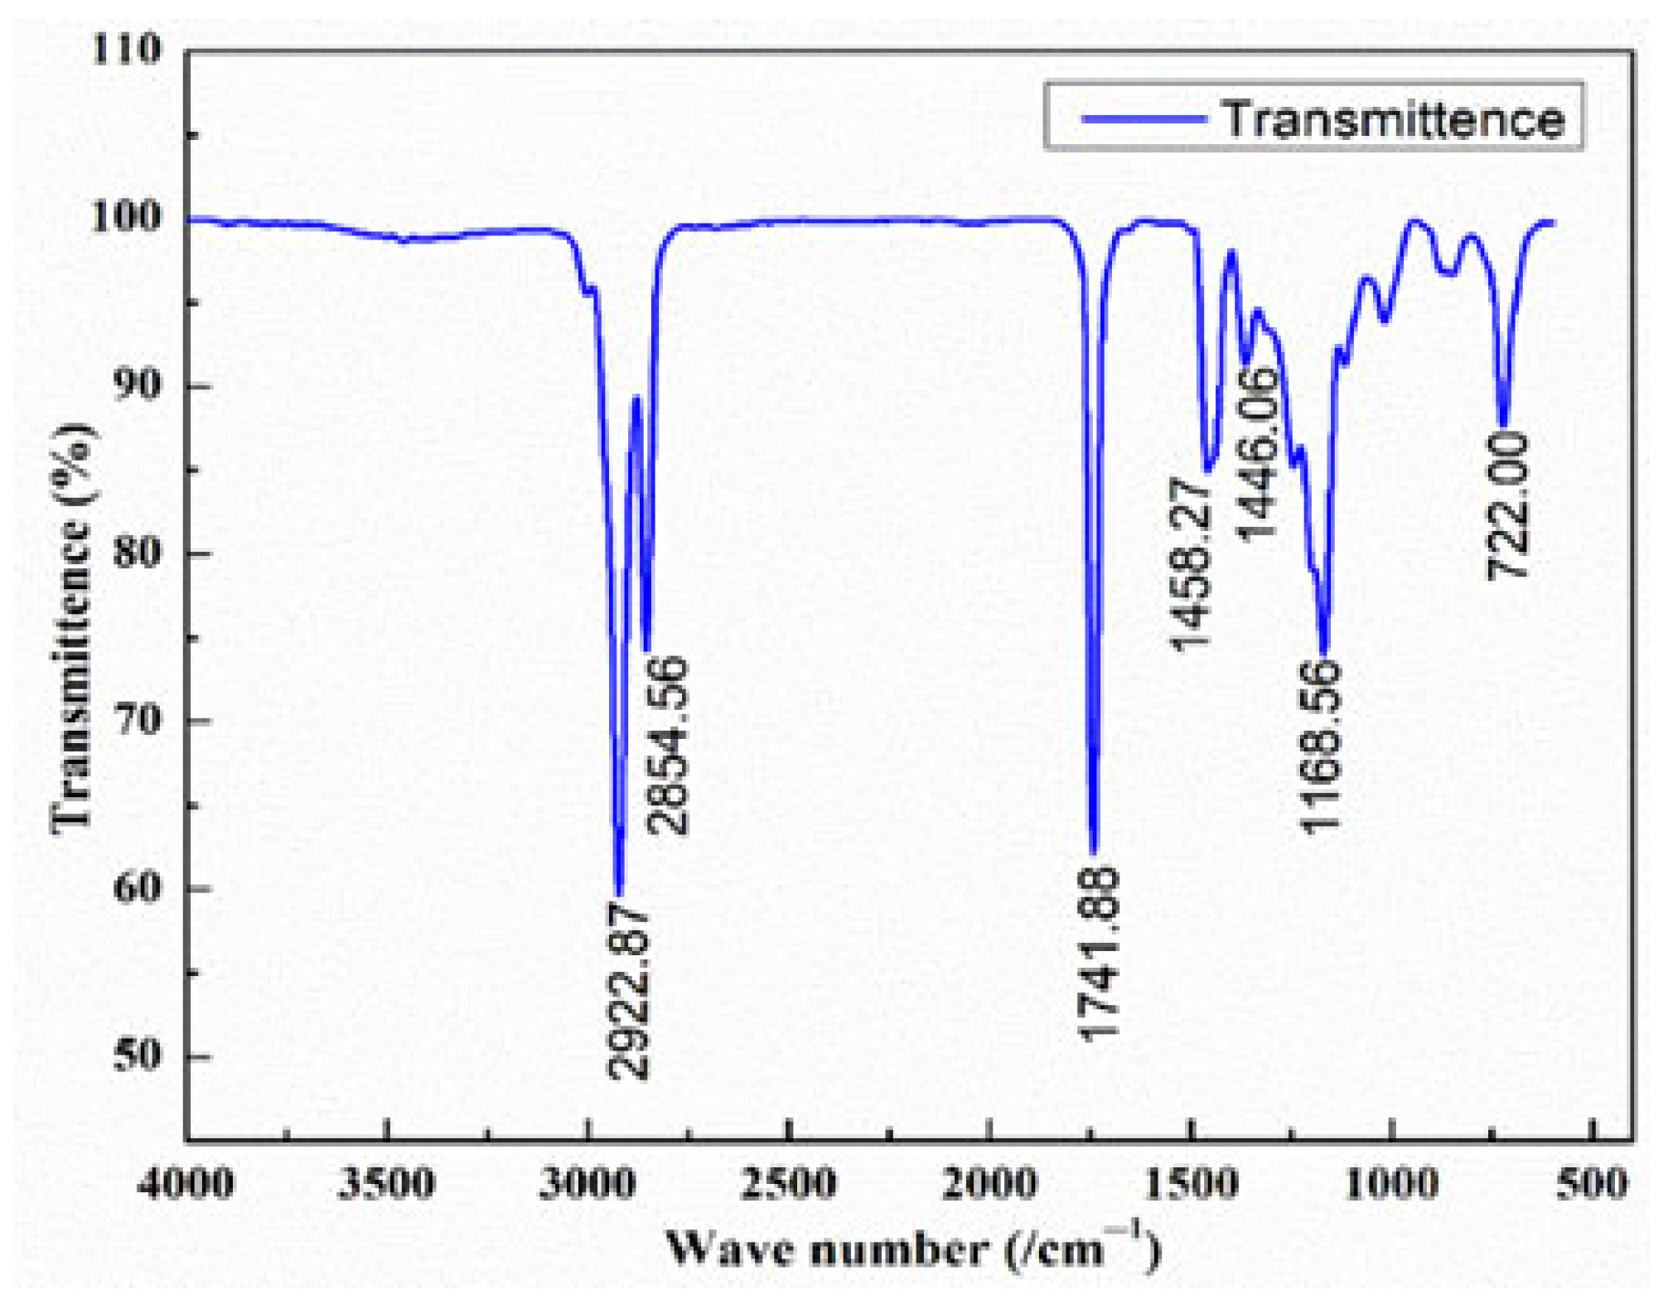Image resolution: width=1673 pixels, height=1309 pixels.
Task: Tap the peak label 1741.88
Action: tap(1099, 953)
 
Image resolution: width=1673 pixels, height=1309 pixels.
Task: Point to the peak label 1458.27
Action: tap(1190, 564)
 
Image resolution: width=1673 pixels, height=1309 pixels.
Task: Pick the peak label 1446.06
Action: tap(1258, 453)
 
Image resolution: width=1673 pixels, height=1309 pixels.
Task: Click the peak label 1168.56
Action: tap(1319, 746)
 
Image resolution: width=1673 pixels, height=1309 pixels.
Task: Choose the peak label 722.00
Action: tap(1507, 505)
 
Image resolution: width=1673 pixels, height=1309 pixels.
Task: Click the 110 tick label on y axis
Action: tap(126, 50)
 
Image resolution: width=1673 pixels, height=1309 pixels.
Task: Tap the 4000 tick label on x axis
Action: tap(186, 1183)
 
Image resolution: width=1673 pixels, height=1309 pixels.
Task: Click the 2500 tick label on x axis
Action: tap(788, 1183)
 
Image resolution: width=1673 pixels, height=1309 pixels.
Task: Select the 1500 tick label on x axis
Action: tap(1191, 1183)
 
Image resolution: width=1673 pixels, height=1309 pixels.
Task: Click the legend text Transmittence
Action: tap(1392, 118)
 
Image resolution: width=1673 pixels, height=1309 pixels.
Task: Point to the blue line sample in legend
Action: tap(1144, 118)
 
